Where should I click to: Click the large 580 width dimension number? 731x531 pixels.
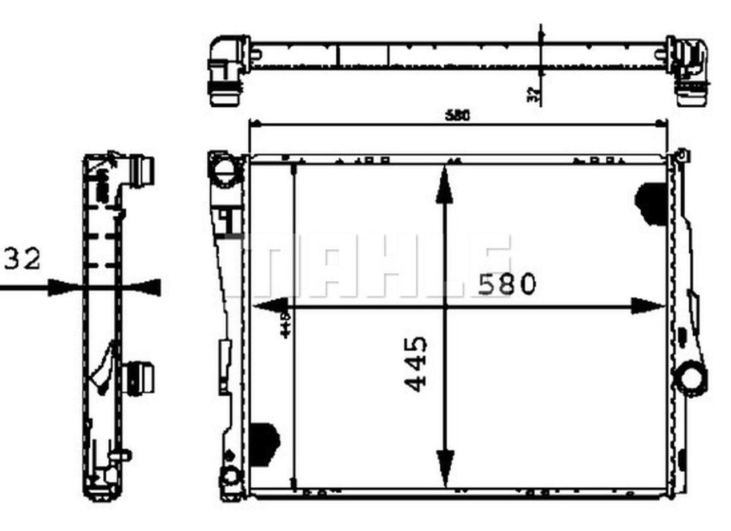click(507, 285)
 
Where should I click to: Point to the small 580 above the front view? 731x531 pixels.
click(457, 115)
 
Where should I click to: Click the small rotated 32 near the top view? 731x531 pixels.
click(531, 94)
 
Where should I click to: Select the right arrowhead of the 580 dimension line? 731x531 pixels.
click(648, 306)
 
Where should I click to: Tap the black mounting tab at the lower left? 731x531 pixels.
click(264, 441)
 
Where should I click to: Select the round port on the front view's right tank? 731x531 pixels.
click(690, 378)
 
